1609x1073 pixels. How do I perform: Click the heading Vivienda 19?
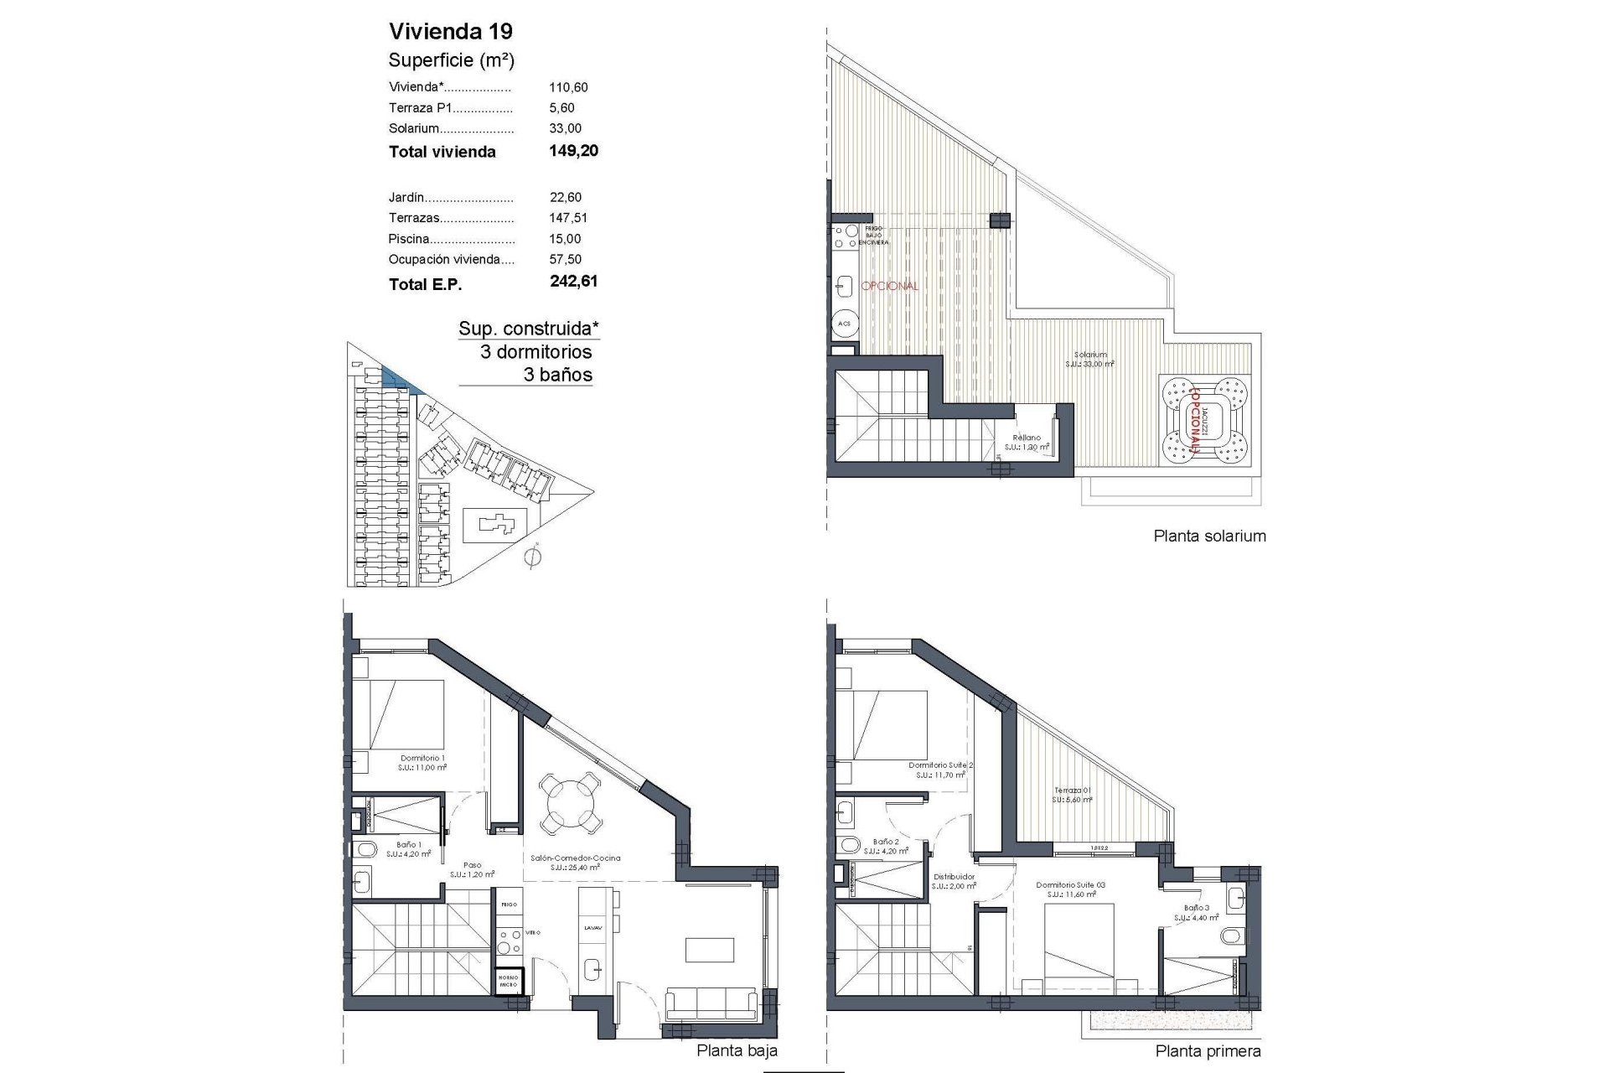click(451, 32)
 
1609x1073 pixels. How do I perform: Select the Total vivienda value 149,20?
click(573, 151)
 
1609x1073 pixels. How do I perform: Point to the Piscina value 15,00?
click(565, 239)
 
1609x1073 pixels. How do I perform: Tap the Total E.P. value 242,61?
click(573, 282)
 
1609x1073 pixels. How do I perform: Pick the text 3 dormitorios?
click(535, 352)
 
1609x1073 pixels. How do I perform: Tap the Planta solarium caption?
click(1209, 536)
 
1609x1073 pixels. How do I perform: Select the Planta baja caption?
click(737, 1050)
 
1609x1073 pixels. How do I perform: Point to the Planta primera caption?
click(1208, 1051)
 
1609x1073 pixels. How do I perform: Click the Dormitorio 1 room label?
click(422, 758)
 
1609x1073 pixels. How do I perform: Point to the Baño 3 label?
click(1196, 907)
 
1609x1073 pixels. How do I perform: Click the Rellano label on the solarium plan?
click(1027, 438)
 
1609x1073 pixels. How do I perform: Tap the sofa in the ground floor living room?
click(712, 1002)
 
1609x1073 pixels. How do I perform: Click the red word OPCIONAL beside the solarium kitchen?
click(890, 286)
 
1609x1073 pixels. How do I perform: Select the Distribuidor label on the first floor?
click(954, 877)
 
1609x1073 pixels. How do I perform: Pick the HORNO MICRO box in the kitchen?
click(508, 982)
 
